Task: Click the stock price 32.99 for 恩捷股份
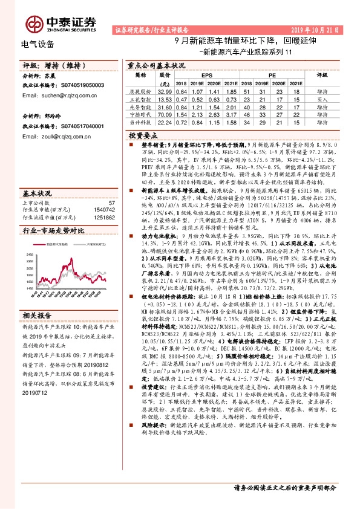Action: coord(165,90)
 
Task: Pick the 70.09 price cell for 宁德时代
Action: coord(165,114)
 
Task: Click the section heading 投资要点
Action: coord(143,138)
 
